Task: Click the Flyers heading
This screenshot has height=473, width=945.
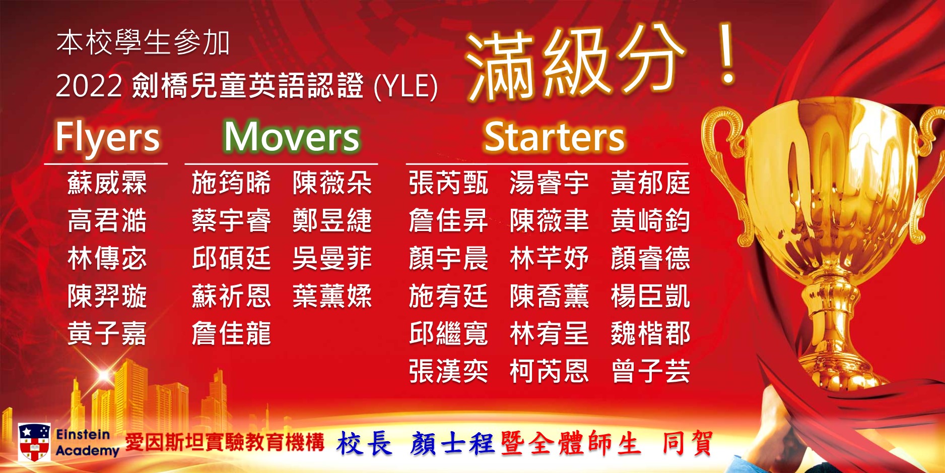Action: (107, 137)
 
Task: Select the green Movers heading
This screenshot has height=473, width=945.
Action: (292, 137)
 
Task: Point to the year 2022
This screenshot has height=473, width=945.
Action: (89, 86)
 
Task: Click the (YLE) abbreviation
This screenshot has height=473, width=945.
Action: (406, 86)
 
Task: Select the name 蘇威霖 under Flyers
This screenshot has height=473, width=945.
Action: (107, 183)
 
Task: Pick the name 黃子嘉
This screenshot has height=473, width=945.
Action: (107, 334)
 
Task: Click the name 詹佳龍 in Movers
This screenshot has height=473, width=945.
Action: (231, 334)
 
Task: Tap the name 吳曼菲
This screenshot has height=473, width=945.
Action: (332, 258)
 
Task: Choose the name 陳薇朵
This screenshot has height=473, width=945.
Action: (332, 183)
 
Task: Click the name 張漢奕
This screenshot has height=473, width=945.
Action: (448, 372)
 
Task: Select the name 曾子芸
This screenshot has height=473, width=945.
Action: (650, 372)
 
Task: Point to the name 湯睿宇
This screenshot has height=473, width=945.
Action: (549, 183)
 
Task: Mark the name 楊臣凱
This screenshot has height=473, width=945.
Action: (650, 296)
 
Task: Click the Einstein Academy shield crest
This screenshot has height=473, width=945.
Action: (34, 442)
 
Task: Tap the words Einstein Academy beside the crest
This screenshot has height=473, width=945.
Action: (87, 442)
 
